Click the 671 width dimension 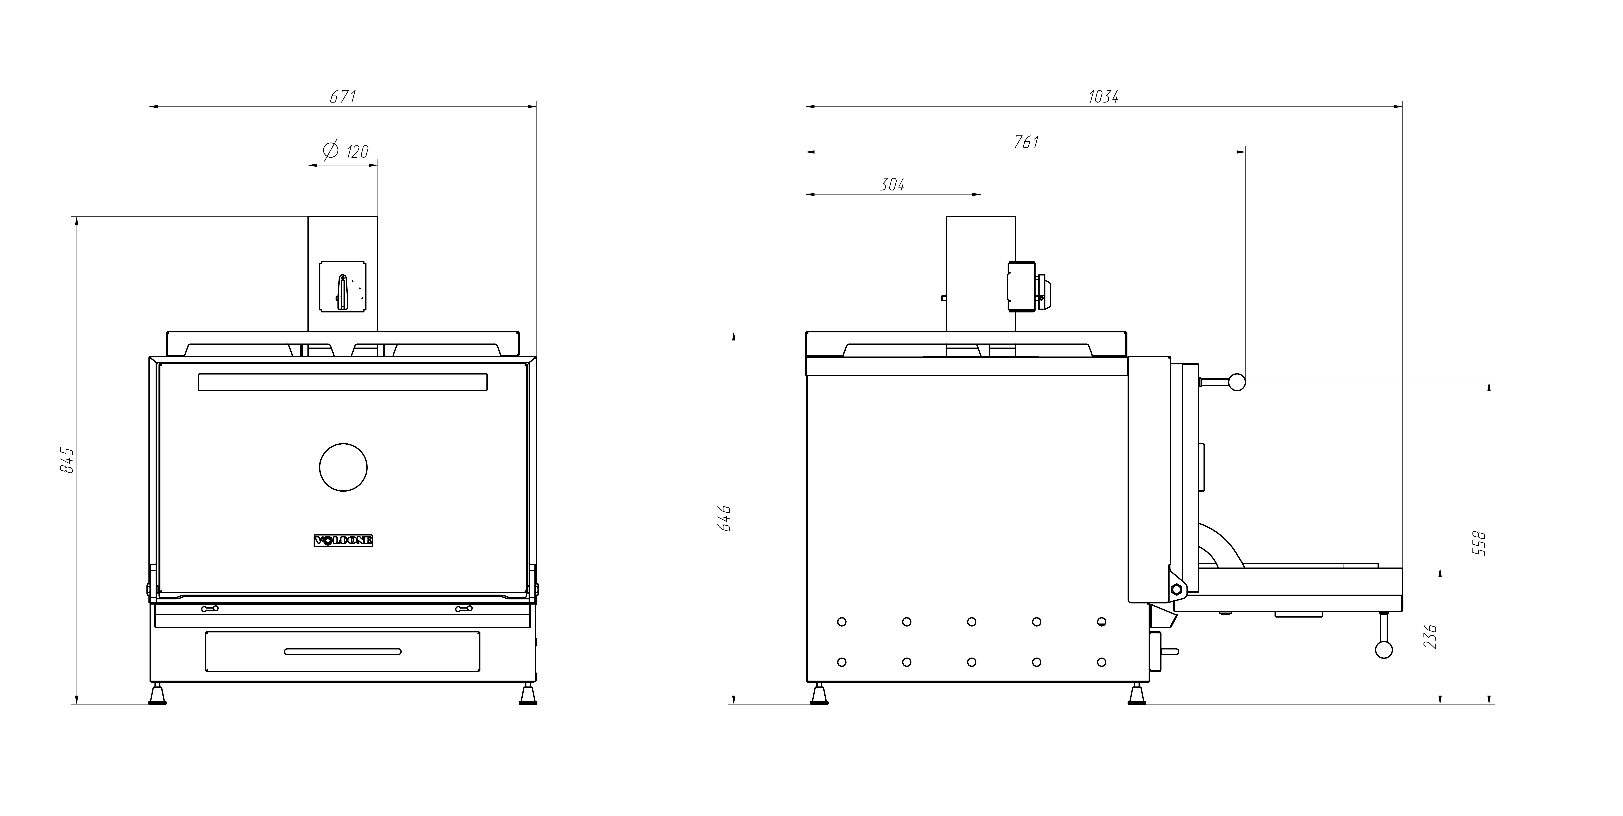(343, 96)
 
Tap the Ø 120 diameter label (346, 151)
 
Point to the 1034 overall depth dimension (1103, 96)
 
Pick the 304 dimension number (892, 185)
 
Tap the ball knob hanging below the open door (1384, 650)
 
